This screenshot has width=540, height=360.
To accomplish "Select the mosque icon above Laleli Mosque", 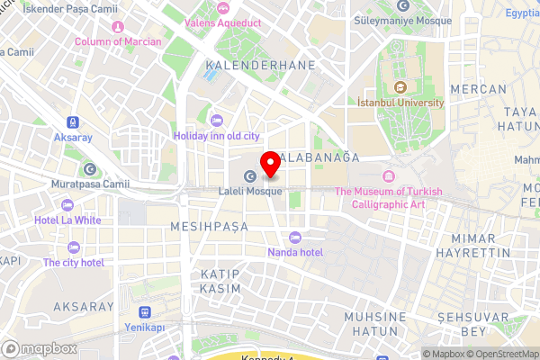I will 249,175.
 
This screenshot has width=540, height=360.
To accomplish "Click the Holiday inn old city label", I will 216,136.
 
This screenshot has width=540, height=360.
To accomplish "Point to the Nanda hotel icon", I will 294,237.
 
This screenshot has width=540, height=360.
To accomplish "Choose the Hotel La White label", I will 68,220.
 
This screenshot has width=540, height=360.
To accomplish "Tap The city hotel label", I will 73,262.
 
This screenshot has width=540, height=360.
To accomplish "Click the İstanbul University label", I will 400,103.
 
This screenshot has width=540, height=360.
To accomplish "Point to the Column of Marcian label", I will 118,41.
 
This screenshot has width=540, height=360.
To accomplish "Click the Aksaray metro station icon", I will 72,121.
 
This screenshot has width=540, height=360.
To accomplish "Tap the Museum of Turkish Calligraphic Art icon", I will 389,175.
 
